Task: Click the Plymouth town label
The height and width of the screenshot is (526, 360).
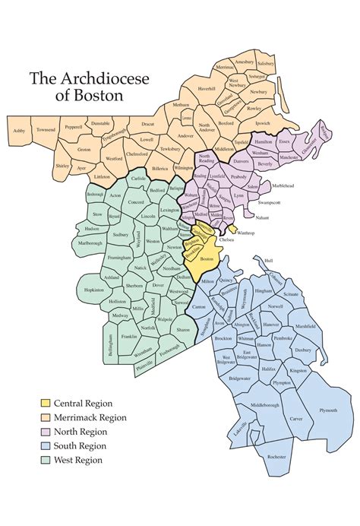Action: tap(328, 410)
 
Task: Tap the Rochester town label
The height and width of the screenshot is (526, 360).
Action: tap(277, 456)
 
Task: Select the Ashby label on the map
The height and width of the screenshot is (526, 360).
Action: tap(19, 131)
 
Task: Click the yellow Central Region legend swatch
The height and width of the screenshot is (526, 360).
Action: tap(46, 402)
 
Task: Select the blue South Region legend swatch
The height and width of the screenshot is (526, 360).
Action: tap(46, 445)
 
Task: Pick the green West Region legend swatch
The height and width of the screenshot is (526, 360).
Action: tap(46, 460)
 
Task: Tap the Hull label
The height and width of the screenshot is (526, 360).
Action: tap(268, 260)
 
